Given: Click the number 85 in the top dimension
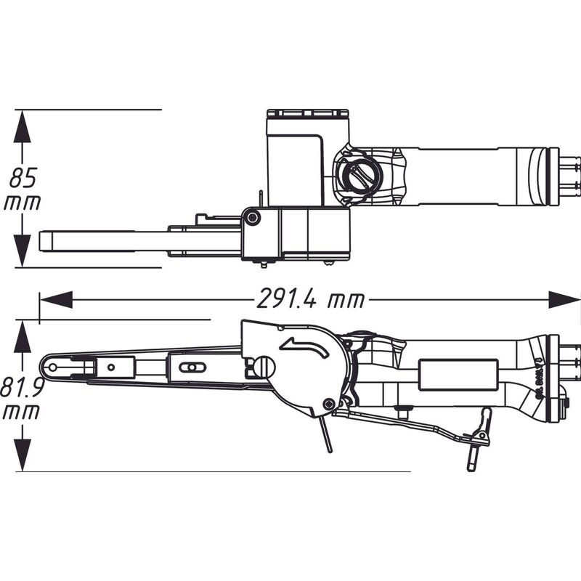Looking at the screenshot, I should click(22, 177).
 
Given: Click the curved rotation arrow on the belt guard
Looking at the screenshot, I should click(301, 347).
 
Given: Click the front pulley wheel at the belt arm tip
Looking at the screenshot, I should click(52, 367).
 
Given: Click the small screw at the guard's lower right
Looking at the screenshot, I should click(330, 404).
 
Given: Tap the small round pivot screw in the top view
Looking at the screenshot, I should click(251, 217).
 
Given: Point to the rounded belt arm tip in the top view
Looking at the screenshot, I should click(45, 240).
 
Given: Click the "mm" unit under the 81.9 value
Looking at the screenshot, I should click(22, 413).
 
